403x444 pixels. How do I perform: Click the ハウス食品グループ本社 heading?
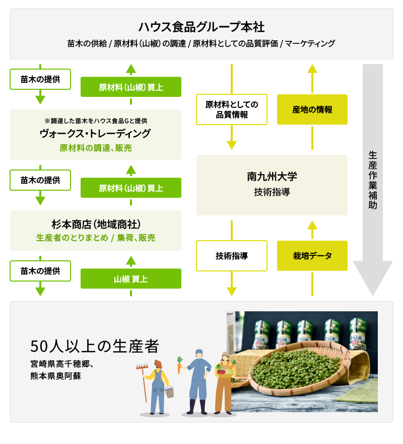(x=201, y=27)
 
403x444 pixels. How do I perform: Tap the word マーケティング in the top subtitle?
(x=310, y=43)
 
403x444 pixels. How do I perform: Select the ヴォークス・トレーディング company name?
(x=95, y=134)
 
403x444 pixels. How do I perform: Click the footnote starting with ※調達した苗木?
(x=96, y=121)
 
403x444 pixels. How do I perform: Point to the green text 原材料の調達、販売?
(x=95, y=147)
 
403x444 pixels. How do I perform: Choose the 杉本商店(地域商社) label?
(x=95, y=224)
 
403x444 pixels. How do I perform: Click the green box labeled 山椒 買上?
(x=131, y=279)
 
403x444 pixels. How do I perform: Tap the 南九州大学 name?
(x=272, y=177)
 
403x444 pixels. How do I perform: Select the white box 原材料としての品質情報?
(x=232, y=109)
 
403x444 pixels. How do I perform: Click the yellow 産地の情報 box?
(x=312, y=109)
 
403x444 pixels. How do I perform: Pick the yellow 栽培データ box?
(x=312, y=256)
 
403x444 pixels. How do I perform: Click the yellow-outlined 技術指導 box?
(x=232, y=256)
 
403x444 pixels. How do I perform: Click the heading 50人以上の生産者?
(x=95, y=346)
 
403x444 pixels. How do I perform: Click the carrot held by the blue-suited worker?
(x=179, y=365)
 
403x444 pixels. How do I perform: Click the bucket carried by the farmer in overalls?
(x=169, y=392)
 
